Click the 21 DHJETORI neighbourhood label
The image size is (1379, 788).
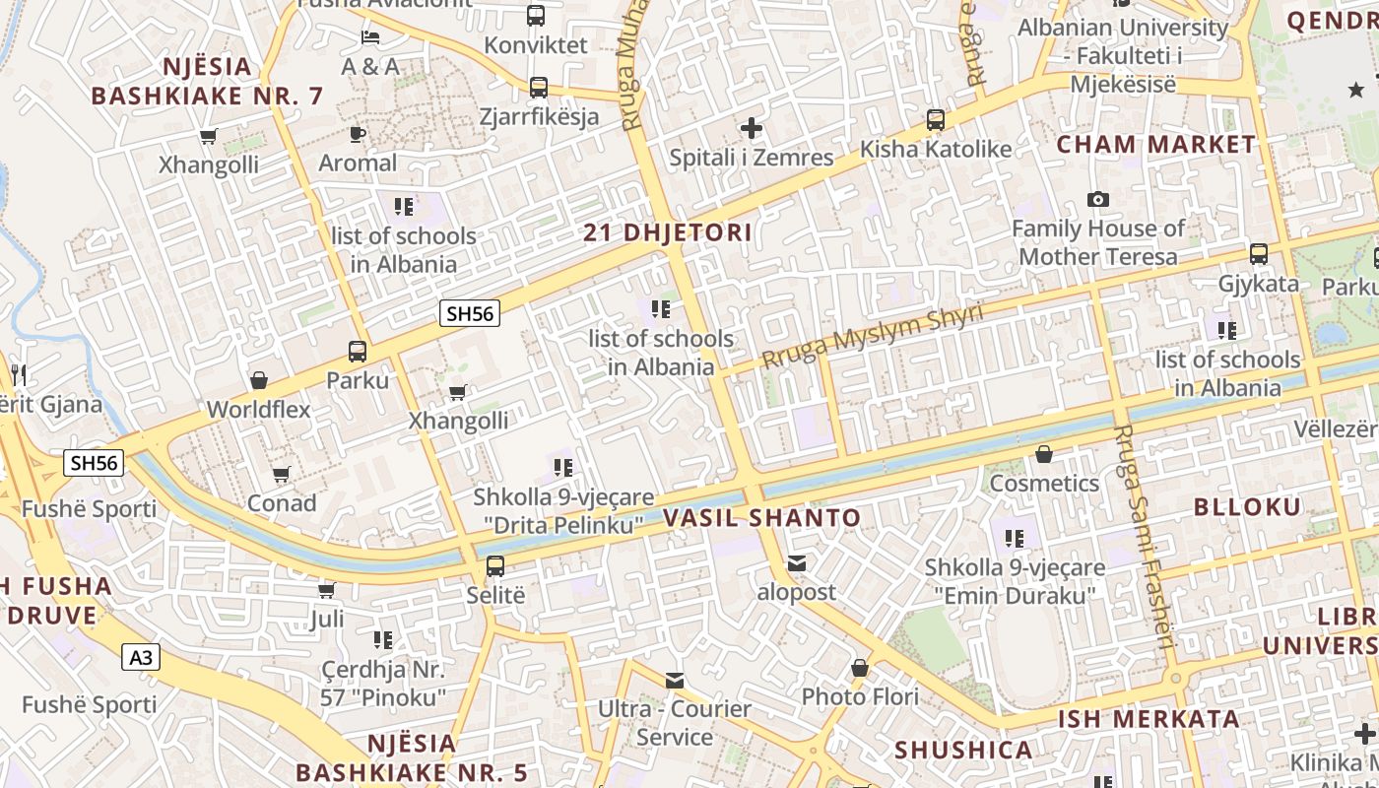pos(667,233)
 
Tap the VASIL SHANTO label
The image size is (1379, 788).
pos(761,518)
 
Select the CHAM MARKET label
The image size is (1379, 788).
pos(1156,145)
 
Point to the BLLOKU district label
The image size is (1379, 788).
pos(1247,507)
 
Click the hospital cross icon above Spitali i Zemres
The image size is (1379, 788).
pos(752,128)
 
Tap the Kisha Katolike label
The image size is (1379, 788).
pos(936,150)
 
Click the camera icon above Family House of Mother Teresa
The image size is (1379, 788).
pos(1098,199)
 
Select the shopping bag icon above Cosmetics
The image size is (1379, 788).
pos(1044,454)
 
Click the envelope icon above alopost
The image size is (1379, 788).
pos(797,563)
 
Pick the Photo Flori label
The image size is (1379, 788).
pos(860,697)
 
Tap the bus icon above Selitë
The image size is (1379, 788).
pos(495,566)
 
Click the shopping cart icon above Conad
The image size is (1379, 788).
pos(282,475)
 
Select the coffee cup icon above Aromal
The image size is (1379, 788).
pos(358,134)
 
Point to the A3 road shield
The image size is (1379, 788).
pos(141,657)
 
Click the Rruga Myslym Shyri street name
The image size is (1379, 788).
pos(873,338)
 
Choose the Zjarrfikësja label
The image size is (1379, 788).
pos(539,117)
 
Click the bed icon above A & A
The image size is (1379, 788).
pos(370,37)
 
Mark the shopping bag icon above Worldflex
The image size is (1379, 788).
pos(259,380)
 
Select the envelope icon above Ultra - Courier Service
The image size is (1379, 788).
pos(675,680)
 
